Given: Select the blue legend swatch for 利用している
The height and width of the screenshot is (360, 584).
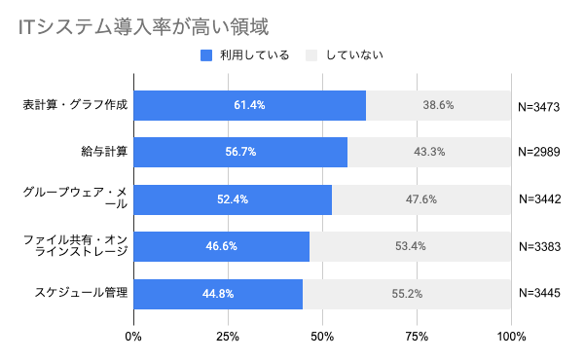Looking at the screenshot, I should [x=206, y=55].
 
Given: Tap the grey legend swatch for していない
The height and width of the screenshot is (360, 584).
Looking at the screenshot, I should [x=312, y=55].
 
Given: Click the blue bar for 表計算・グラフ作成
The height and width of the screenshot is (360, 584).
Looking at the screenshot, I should [x=250, y=105].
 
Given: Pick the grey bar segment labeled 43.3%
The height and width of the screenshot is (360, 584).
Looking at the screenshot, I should [x=429, y=152].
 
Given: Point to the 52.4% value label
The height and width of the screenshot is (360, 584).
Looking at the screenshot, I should [x=233, y=199].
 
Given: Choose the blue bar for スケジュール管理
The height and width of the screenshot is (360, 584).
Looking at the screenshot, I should [x=218, y=293].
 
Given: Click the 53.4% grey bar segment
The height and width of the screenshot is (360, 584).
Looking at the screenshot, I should [x=410, y=246].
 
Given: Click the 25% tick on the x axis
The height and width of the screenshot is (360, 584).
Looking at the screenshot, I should [x=228, y=337].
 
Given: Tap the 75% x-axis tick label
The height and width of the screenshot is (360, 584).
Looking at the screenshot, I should [x=417, y=337].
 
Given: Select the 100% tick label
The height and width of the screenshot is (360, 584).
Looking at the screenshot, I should [x=510, y=337].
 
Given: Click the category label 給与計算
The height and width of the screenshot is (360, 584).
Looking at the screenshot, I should [x=105, y=152].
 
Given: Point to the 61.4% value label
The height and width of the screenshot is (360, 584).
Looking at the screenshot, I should [x=250, y=105].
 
